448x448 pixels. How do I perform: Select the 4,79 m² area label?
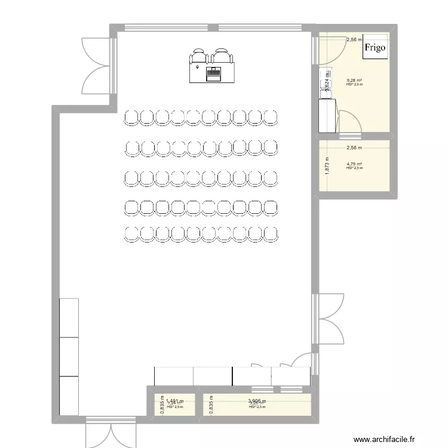(x=355, y=164)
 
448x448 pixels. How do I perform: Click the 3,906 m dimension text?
(x=257, y=402)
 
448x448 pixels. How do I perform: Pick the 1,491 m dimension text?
(x=174, y=402)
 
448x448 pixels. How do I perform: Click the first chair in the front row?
(x=131, y=118)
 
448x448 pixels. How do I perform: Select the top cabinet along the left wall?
(x=69, y=317)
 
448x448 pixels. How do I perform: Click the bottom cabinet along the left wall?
(x=69, y=395)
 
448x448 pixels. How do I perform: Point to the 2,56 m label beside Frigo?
(x=355, y=40)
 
